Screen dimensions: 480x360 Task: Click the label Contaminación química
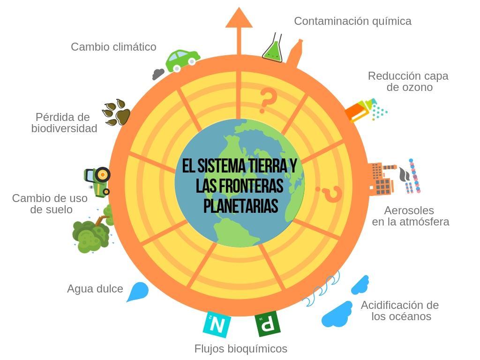[352, 21]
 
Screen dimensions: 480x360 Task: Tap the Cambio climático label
[113, 47]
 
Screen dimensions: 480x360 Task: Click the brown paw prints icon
[116, 112]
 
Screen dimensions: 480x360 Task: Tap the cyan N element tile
[217, 324]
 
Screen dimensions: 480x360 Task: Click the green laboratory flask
[273, 49]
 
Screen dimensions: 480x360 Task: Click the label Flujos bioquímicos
[240, 349]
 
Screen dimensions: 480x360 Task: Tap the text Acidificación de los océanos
[400, 311]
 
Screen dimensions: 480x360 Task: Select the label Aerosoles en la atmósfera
[410, 216]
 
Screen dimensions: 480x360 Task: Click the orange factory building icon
[381, 179]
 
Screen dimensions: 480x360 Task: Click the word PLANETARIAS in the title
[241, 206]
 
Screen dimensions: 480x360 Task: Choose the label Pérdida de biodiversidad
[64, 123]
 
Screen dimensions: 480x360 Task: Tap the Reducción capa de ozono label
[408, 82]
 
